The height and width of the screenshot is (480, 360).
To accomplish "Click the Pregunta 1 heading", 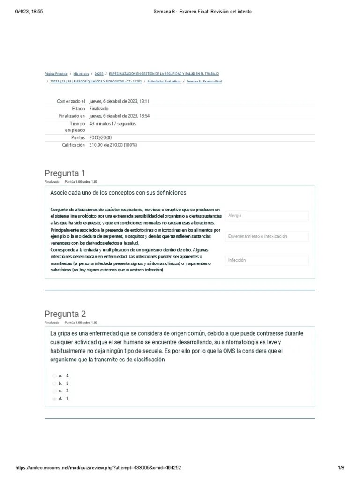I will click(x=65, y=173).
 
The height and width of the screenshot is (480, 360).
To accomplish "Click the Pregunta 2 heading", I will click(x=65, y=314).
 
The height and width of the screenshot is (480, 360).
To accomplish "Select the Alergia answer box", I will click(x=267, y=216).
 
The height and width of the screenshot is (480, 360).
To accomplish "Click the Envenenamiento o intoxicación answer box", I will click(x=267, y=237).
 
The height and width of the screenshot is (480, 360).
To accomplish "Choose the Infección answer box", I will click(x=267, y=260).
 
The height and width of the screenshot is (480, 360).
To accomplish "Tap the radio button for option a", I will click(x=55, y=376).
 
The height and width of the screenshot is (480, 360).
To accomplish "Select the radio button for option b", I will click(x=55, y=383).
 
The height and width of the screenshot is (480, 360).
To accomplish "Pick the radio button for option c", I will click(x=55, y=391).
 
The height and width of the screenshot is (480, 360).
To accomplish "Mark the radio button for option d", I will click(x=55, y=398).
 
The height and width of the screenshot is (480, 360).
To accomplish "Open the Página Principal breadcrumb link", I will click(x=56, y=74).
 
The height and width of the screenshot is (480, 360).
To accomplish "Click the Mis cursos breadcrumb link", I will click(x=81, y=74).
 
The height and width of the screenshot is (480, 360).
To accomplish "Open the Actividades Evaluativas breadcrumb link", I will click(x=164, y=82).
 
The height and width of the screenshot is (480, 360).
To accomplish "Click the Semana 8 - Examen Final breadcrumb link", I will click(x=204, y=82).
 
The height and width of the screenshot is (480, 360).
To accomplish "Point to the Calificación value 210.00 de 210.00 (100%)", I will click(x=112, y=145).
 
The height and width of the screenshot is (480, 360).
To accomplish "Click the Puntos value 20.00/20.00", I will click(x=100, y=138).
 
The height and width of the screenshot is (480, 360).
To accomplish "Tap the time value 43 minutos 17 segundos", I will click(x=112, y=124).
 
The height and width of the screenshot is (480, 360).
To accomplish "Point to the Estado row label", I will click(x=77, y=109).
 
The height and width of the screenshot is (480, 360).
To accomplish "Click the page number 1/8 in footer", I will click(x=341, y=468).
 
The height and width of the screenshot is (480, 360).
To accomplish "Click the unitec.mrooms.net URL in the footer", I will click(x=98, y=468).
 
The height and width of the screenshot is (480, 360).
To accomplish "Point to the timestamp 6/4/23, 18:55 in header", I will click(x=29, y=11).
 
